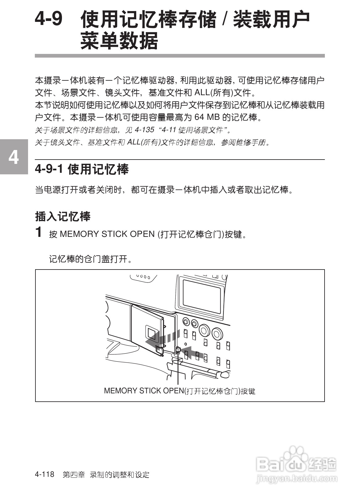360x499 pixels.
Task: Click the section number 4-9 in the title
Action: [x=49, y=19]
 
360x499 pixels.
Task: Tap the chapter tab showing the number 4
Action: [x=14, y=157]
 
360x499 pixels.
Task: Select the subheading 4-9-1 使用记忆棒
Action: [x=82, y=169]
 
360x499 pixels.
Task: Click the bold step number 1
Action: [x=39, y=232]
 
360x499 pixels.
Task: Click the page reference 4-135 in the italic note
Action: [x=144, y=130]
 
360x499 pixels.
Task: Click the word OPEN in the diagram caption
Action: [x=173, y=391]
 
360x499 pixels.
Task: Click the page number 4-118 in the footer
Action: [x=45, y=474]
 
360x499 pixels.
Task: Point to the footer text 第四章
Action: [x=74, y=475]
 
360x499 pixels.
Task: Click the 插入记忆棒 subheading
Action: [x=63, y=217]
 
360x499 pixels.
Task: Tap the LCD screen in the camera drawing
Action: [x=202, y=295]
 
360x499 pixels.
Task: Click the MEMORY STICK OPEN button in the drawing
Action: [x=178, y=349]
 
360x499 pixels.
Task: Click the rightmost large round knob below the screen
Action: [x=217, y=334]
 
